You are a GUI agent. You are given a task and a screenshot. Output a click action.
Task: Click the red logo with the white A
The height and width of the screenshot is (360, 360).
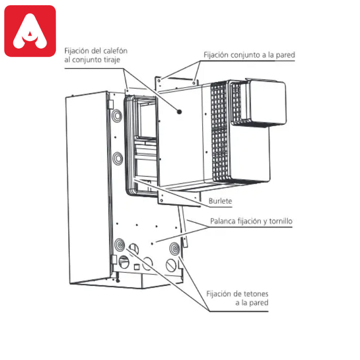point(30,31)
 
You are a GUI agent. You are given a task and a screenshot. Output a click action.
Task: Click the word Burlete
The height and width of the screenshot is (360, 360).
point(220,201)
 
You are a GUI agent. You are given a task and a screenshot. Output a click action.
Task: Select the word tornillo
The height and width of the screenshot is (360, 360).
point(281,221)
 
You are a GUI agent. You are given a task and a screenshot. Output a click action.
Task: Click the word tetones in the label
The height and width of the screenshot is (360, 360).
point(256,294)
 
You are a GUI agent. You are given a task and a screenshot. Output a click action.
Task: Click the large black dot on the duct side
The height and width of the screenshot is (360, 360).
point(179,112)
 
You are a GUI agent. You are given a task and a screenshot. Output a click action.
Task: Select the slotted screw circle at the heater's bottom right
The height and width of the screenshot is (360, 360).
point(171,265)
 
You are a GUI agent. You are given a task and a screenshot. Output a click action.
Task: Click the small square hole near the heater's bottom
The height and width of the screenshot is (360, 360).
point(136,267)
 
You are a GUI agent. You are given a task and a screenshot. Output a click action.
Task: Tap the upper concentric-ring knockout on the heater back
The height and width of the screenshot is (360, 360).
point(117,116)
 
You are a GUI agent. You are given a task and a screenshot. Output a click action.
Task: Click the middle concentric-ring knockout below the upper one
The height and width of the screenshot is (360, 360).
point(118,159)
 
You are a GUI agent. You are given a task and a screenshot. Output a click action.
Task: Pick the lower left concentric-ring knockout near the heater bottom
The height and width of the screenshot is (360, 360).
point(120,245)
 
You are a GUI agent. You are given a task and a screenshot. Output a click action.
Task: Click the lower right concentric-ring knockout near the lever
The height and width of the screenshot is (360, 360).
point(175,249)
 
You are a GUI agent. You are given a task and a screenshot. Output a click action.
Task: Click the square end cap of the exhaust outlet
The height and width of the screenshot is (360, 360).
point(267,103)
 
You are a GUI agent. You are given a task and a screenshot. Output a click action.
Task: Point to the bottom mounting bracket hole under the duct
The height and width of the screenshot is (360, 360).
point(161,200)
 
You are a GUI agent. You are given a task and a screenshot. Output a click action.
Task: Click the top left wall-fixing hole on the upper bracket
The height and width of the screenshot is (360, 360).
point(159,80)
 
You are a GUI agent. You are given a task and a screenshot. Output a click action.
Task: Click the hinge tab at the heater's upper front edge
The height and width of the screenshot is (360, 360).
point(110,105)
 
